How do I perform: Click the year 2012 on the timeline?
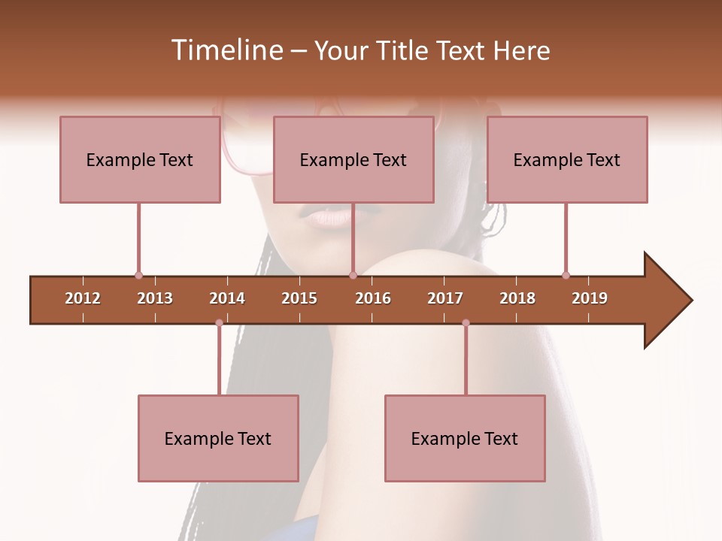(83, 298)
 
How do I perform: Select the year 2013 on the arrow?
(155, 298)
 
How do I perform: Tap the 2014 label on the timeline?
(227, 298)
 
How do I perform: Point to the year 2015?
(299, 298)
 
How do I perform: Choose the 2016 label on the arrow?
(373, 298)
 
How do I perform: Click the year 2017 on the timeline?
(445, 298)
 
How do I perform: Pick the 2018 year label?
(517, 298)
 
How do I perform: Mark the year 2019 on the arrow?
(590, 298)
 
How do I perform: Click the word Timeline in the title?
(225, 50)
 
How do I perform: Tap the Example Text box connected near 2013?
(140, 159)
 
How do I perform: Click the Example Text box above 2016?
(353, 159)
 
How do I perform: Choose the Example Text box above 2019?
(567, 159)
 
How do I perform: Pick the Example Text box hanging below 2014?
(218, 438)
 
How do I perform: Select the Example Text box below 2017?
(465, 438)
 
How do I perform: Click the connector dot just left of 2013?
(138, 275)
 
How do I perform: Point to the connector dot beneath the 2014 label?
(219, 323)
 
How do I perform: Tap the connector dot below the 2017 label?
(466, 323)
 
